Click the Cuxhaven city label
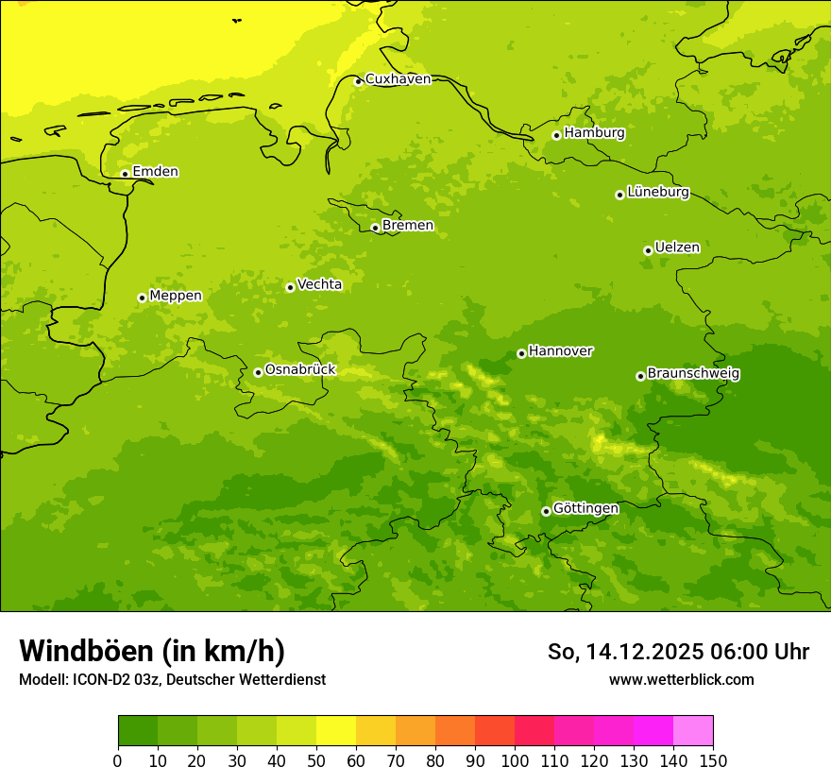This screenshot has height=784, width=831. coord(398,79)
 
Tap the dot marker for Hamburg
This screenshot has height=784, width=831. coord(556,135)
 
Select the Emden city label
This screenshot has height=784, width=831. coord(155,172)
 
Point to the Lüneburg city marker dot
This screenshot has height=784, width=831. coord(619,195)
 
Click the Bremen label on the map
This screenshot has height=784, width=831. coord(408,226)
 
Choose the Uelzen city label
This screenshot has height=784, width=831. coord(677,248)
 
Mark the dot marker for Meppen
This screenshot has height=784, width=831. coord(142,298)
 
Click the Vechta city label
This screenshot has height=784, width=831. coord(319,284)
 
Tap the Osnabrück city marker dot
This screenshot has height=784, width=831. coord(258,372)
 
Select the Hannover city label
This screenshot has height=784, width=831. coord(560,351)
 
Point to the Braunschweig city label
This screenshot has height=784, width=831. coord(693,374)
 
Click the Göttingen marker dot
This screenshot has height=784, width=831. coord(546,511)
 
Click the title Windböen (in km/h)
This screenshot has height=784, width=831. coord(152,651)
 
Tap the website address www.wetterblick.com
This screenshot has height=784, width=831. coord(681,679)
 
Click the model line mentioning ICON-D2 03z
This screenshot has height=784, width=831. coord(172,679)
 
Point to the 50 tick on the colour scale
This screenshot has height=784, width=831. coord(316,759)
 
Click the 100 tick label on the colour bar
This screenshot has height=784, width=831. coord(515,759)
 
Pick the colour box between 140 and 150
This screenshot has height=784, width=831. coord(693,730)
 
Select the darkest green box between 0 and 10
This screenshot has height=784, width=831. coord(138,730)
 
